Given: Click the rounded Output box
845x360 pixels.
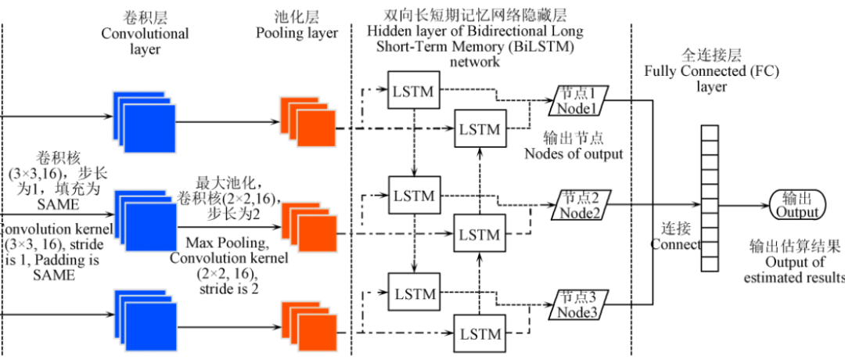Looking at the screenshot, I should pyautogui.click(x=797, y=205).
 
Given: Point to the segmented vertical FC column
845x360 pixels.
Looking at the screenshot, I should pyautogui.click(x=709, y=197).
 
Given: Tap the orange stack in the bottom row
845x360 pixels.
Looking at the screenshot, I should pyautogui.click(x=308, y=323).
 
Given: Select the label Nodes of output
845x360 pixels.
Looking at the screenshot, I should pyautogui.click(x=574, y=153).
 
